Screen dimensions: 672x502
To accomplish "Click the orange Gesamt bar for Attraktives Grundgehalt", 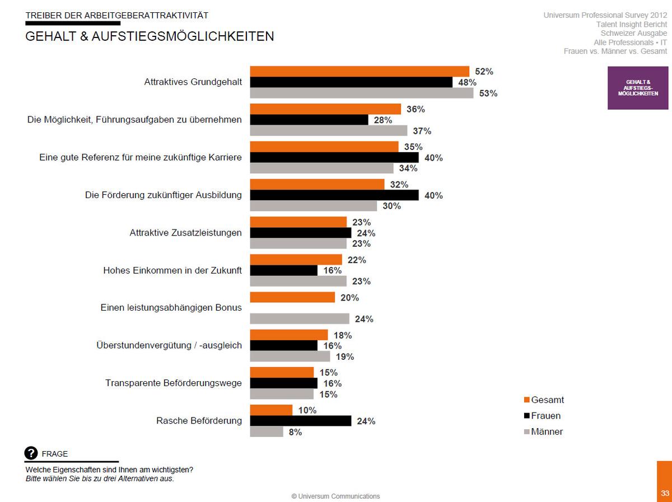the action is (x=360, y=71).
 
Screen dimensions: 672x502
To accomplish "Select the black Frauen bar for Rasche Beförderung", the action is (x=301, y=421).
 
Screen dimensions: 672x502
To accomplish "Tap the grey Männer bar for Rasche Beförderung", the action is (x=267, y=431).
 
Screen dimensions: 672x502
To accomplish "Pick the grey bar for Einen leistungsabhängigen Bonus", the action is (x=300, y=318).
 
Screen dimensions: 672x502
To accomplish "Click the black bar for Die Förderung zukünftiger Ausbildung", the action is (x=334, y=195).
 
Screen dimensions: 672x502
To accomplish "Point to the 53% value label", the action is (x=488, y=93).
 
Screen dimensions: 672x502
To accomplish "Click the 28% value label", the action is (x=382, y=120).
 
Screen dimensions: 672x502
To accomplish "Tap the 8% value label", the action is (x=295, y=432).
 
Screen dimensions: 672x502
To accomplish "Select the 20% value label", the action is (x=349, y=298).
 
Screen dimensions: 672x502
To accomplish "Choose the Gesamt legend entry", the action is (x=544, y=400).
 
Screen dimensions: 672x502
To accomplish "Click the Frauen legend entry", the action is (x=542, y=416).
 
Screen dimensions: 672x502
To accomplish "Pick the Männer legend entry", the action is (x=543, y=431).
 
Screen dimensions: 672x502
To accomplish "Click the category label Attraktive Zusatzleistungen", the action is (x=185, y=233).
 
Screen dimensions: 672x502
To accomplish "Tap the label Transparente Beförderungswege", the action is (x=174, y=383).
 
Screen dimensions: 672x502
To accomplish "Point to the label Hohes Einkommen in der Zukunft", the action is (x=172, y=270).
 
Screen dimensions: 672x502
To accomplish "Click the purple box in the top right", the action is (x=638, y=88).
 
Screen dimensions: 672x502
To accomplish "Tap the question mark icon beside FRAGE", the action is (x=31, y=453).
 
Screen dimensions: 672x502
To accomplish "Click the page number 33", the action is (x=665, y=493).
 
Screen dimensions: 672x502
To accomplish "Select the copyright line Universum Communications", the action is (x=335, y=496).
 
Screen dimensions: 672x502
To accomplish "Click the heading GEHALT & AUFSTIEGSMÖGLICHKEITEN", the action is (x=150, y=36).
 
